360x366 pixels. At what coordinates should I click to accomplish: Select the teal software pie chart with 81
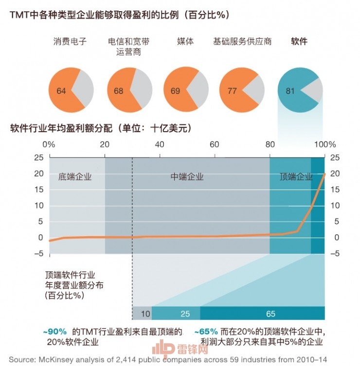click(299, 88)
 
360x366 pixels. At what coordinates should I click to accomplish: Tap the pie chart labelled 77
click(242, 88)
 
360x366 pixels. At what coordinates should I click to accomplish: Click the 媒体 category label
click(185, 41)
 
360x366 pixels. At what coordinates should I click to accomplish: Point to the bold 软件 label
click(299, 41)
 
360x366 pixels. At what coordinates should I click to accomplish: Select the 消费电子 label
click(70, 41)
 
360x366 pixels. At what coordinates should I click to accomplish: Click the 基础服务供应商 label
click(242, 41)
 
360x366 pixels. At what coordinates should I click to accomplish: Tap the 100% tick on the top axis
click(325, 144)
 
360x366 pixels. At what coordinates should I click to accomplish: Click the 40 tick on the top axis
click(159, 144)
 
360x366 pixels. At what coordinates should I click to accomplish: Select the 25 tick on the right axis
click(335, 157)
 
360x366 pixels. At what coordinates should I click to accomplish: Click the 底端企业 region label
click(75, 177)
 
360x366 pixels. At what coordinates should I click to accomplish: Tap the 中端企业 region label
click(187, 177)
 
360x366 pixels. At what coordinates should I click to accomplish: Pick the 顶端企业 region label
click(296, 177)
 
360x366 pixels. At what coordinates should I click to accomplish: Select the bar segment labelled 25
click(185, 314)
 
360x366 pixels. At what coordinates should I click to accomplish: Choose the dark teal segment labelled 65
click(270, 314)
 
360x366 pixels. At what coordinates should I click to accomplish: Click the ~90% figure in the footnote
click(55, 332)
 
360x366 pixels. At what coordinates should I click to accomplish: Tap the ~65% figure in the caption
click(206, 332)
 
